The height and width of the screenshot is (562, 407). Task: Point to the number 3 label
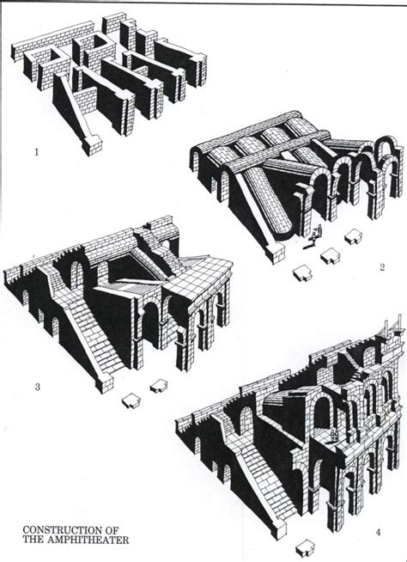[x=36, y=386]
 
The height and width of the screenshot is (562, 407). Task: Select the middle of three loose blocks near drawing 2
[x=328, y=254]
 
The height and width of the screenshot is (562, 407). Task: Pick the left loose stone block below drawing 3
[x=131, y=399]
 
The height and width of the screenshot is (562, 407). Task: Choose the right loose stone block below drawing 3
[x=159, y=382]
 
